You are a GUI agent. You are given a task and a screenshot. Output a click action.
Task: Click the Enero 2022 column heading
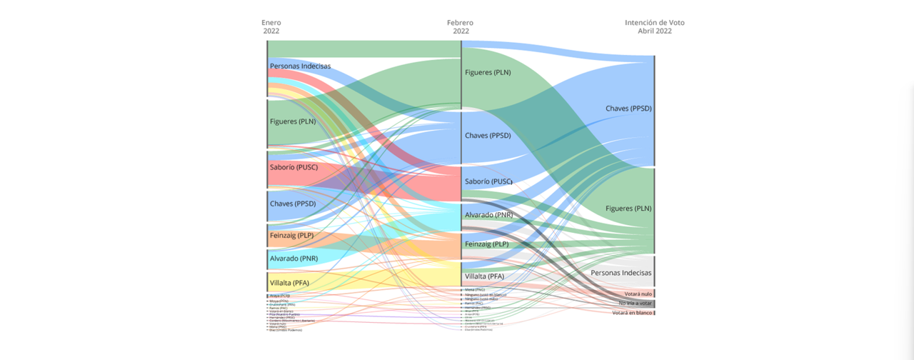pyautogui.click(x=271, y=27)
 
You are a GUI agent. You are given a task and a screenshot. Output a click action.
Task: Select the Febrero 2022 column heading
pyautogui.click(x=461, y=27)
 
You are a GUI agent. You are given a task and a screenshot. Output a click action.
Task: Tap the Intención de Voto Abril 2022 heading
pyautogui.click(x=654, y=27)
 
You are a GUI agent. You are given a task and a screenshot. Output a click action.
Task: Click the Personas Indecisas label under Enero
pyautogui.click(x=300, y=66)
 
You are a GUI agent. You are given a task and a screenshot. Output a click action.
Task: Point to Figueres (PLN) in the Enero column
pyautogui.click(x=293, y=121)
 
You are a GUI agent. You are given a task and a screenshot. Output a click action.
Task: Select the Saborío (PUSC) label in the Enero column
pyautogui.click(x=293, y=167)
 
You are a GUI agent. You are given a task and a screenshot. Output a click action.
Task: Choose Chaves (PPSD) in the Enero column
pyautogui.click(x=293, y=204)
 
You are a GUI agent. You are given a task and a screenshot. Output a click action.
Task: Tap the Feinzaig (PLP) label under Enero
pyautogui.click(x=291, y=235)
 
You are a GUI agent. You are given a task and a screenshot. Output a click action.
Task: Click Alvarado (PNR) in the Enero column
pyautogui.click(x=293, y=259)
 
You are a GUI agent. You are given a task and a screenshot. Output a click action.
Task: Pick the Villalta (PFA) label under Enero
pyautogui.click(x=290, y=283)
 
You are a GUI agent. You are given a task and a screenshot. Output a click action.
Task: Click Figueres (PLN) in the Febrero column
pyautogui.click(x=488, y=72)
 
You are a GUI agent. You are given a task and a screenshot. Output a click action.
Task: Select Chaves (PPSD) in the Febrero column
pyautogui.click(x=488, y=136)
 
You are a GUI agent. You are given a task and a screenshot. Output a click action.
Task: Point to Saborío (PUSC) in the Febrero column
pyautogui.click(x=488, y=181)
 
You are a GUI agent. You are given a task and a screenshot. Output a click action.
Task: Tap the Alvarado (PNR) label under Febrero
pyautogui.click(x=488, y=215)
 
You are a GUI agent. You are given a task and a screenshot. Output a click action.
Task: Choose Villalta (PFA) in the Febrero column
pyautogui.click(x=484, y=276)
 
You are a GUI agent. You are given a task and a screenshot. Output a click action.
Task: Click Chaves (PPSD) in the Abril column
pyautogui.click(x=628, y=109)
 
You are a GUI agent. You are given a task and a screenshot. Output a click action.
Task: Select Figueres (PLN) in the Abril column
pyautogui.click(x=628, y=209)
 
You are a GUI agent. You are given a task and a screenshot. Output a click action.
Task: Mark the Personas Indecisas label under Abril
pyautogui.click(x=621, y=274)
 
